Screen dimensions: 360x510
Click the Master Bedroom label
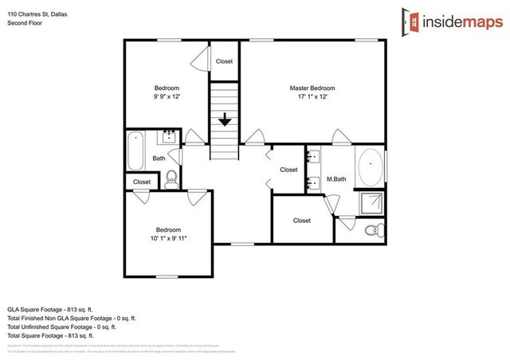pos(312,88)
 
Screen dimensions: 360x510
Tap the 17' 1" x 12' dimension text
pos(312,96)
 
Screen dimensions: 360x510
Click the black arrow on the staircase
pos(225,120)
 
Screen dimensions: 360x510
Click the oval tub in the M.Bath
pos(371,169)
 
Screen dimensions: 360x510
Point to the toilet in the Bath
pos(171,180)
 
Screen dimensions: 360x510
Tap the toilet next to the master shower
pos(371,231)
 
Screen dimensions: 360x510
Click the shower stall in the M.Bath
pos(371,204)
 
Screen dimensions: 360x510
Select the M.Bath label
pos(335,179)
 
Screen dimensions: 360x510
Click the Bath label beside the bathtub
pos(159,158)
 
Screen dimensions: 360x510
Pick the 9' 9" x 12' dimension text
pos(167,96)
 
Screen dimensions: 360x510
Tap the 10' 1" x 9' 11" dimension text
pos(167,237)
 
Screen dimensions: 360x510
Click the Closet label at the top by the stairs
pos(224,61)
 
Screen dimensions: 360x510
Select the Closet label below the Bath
pos(141,182)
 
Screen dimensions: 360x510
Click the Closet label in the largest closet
pos(301,221)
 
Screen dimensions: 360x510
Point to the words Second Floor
pos(25,23)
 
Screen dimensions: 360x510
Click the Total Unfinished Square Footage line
pos(61,327)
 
